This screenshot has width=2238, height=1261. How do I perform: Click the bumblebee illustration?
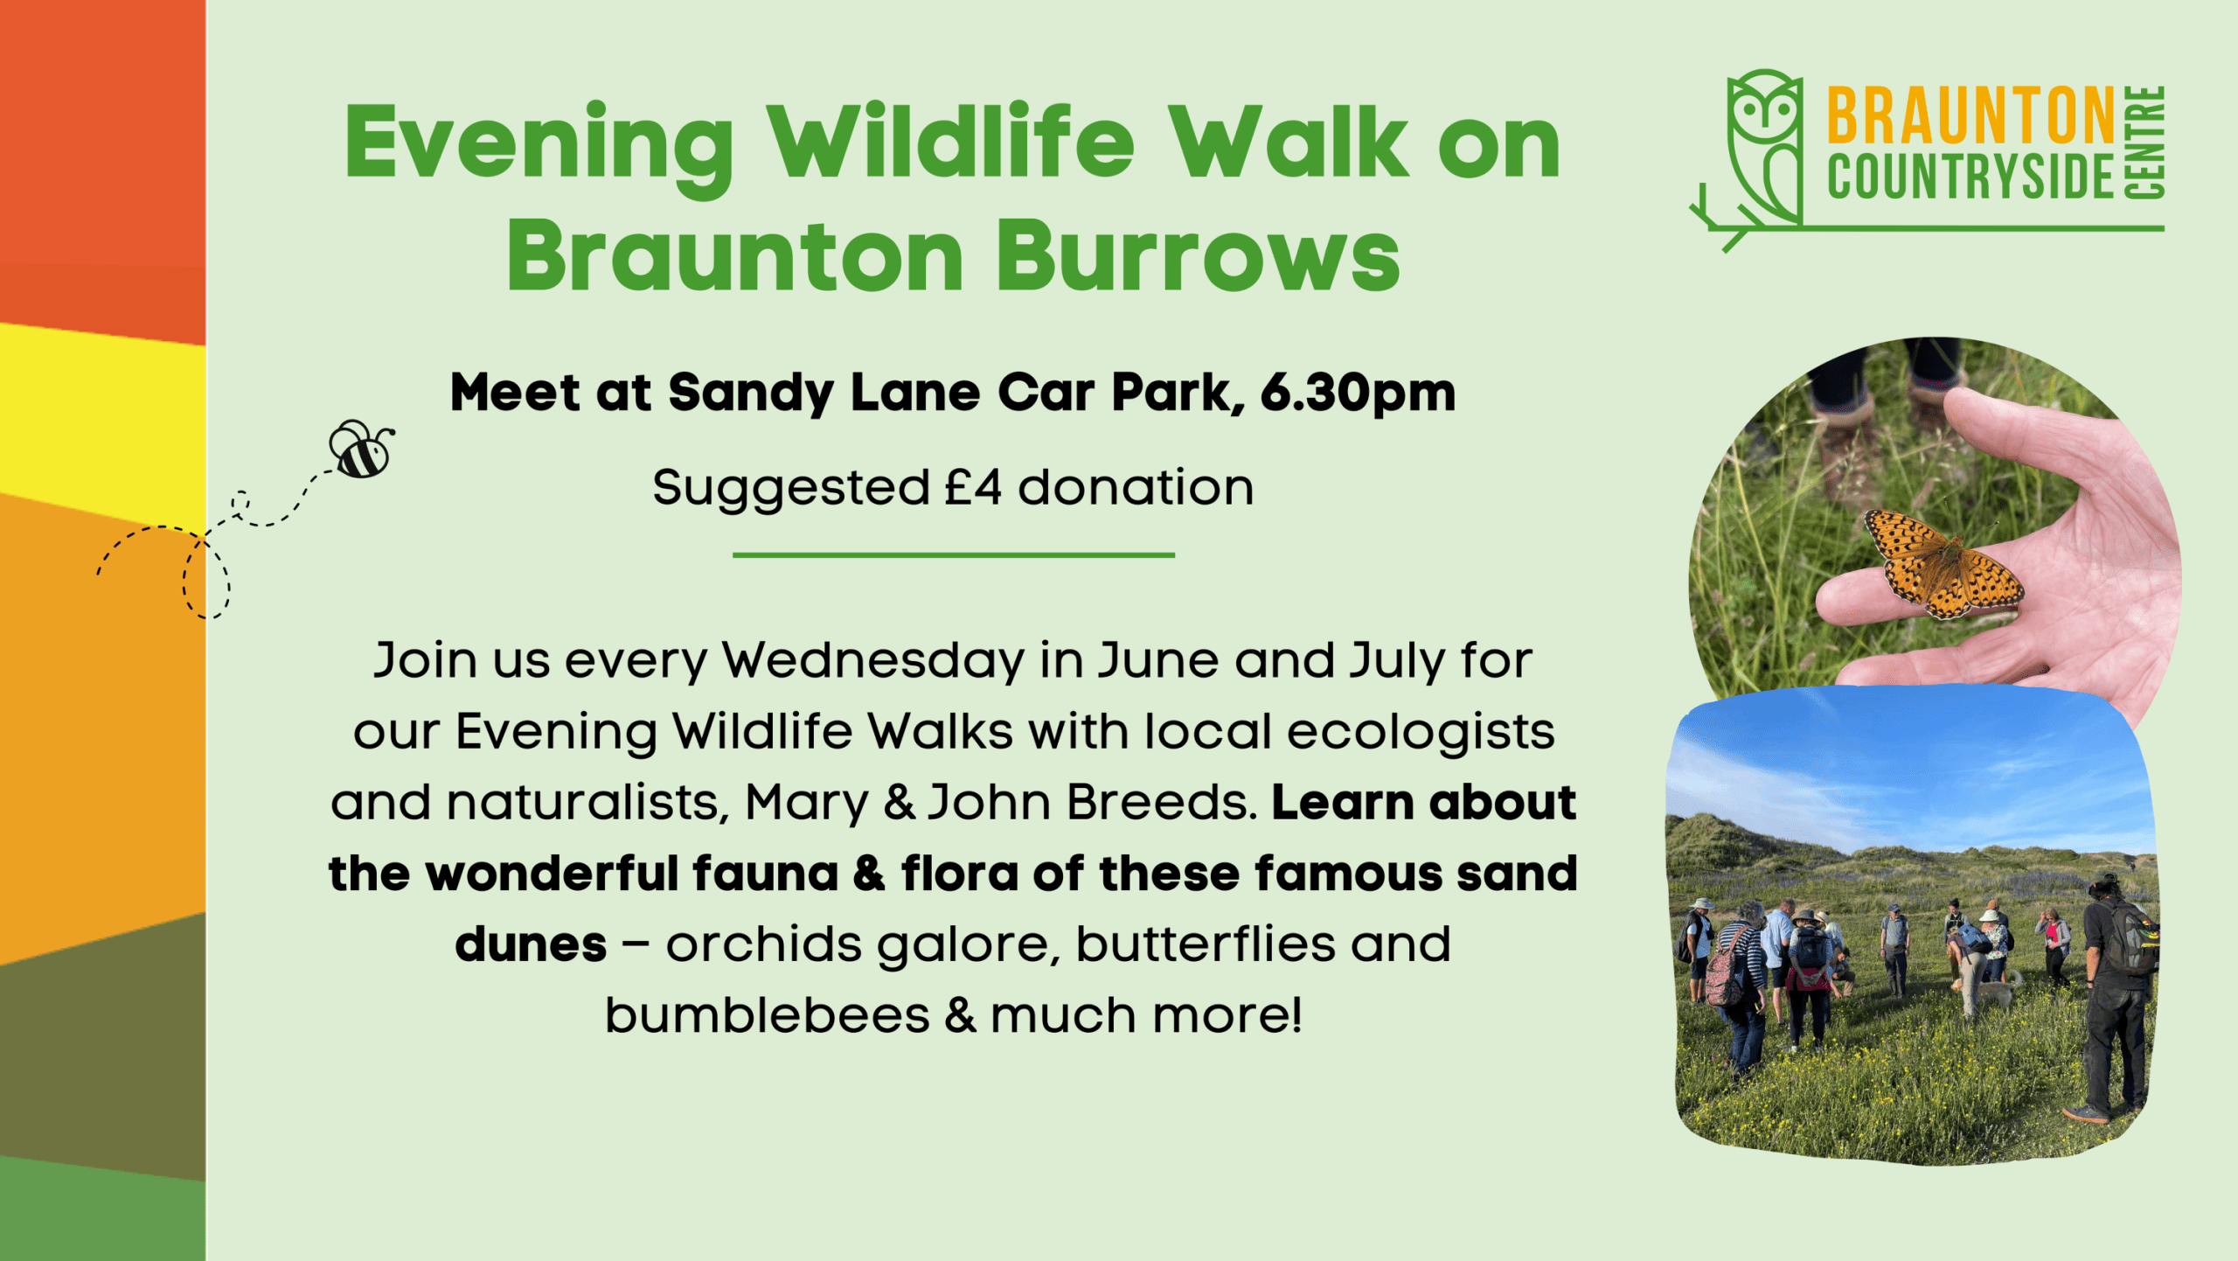point(361,449)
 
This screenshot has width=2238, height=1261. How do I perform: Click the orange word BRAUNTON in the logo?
point(1970,115)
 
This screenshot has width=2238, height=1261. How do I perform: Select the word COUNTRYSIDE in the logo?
point(1970,178)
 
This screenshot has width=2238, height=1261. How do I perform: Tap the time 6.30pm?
point(1358,393)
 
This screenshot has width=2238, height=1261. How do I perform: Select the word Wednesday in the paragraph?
point(872,661)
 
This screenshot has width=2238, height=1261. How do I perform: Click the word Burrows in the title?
point(1198,255)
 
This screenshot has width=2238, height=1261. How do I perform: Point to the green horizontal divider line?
point(954,554)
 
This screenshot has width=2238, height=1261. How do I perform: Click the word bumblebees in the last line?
point(768,1015)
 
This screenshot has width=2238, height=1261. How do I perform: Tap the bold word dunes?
point(531,944)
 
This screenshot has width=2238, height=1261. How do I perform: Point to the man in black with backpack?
point(2116,997)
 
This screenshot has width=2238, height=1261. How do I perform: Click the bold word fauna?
point(765,874)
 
